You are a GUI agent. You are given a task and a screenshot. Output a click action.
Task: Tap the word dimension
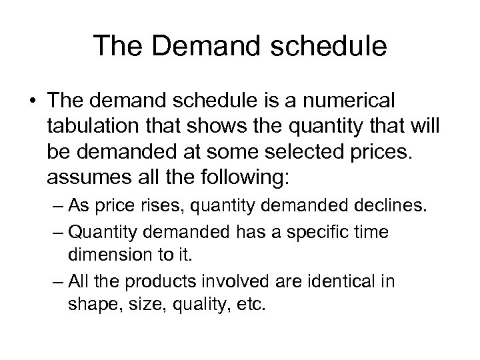[111, 253]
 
